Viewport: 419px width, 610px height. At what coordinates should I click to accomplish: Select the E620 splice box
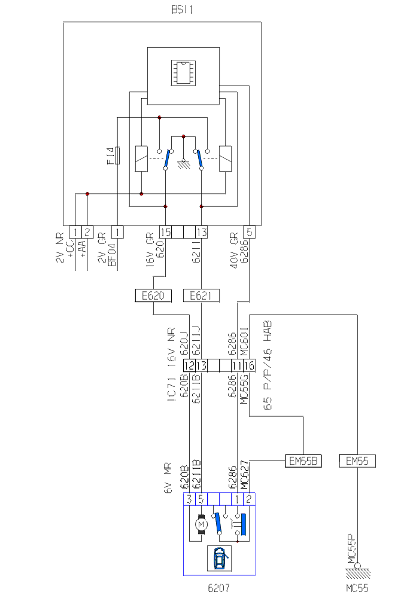153,295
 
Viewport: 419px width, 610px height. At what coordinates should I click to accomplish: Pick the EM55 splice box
357,461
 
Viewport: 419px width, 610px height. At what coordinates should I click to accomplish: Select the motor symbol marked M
201,524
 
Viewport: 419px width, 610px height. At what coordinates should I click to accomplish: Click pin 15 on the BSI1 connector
166,231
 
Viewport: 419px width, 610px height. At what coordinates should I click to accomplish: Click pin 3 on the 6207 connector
189,499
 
